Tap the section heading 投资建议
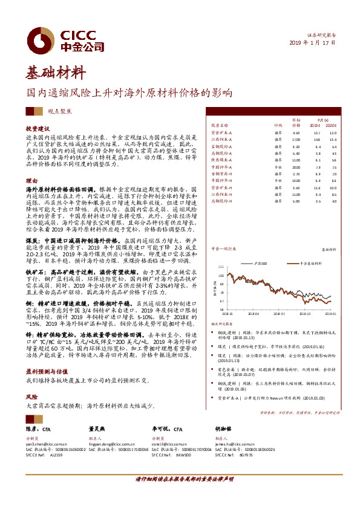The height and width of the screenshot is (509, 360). click(x=37, y=129)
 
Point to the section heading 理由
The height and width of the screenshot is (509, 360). click(x=31, y=181)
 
